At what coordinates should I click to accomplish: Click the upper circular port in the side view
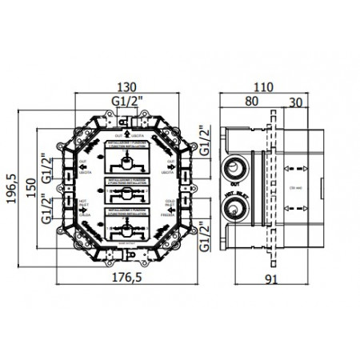[234, 168]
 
